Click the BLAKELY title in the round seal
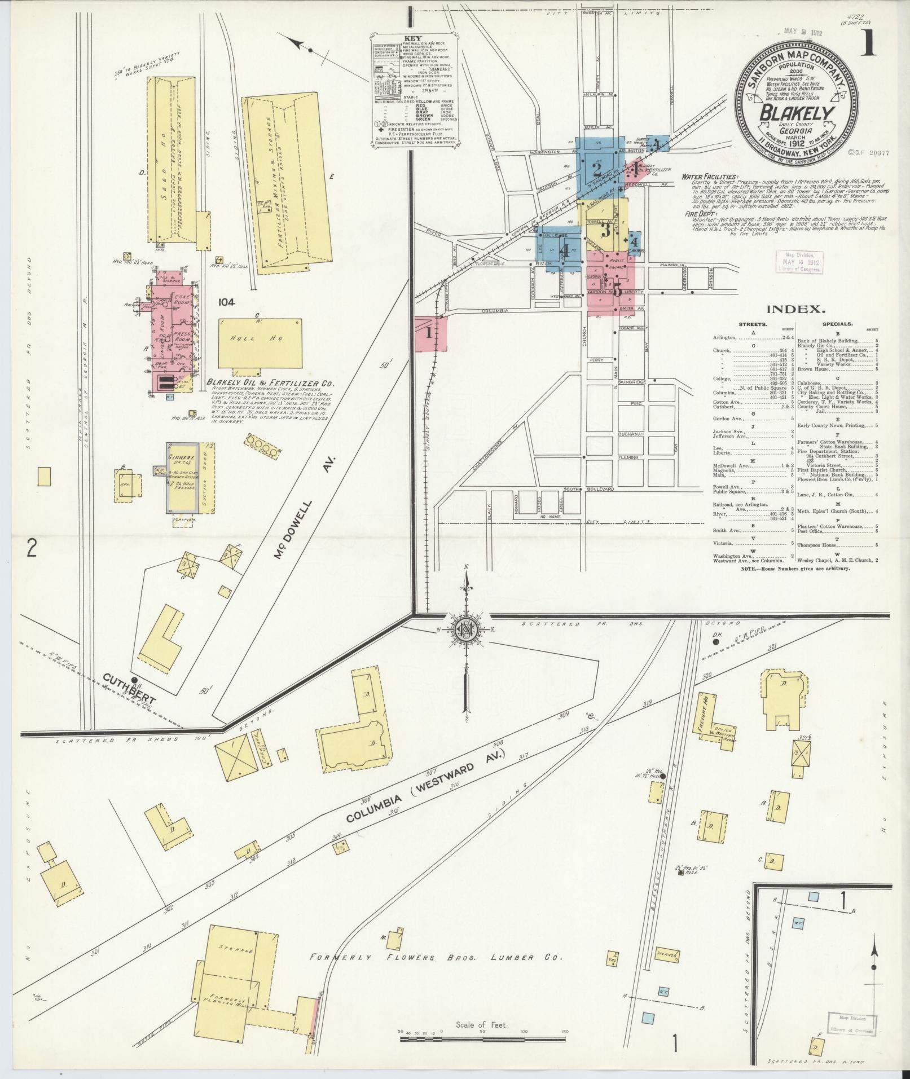click(797, 113)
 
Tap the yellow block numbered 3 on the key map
click(606, 230)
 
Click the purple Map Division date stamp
click(799, 262)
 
